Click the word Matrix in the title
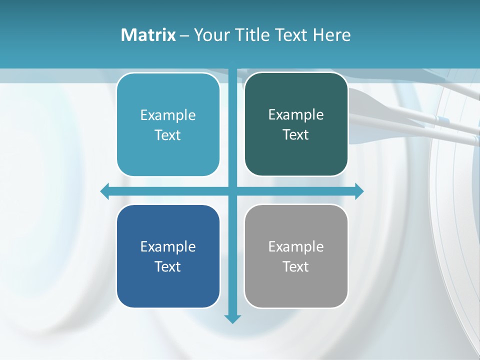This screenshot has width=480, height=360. [x=148, y=35]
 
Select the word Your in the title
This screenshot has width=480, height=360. [x=212, y=35]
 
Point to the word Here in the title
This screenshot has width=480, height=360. [x=331, y=35]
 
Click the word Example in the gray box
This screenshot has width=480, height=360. [x=296, y=246]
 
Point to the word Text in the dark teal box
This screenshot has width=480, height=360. [x=296, y=135]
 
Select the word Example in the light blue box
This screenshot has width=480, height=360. [x=168, y=115]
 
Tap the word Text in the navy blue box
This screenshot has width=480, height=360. [x=168, y=266]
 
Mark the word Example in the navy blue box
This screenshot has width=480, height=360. [x=168, y=246]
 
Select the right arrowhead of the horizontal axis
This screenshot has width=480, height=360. [x=359, y=191]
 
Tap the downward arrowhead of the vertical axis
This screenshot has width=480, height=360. [x=232, y=318]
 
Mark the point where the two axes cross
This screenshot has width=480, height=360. [x=232, y=191]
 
